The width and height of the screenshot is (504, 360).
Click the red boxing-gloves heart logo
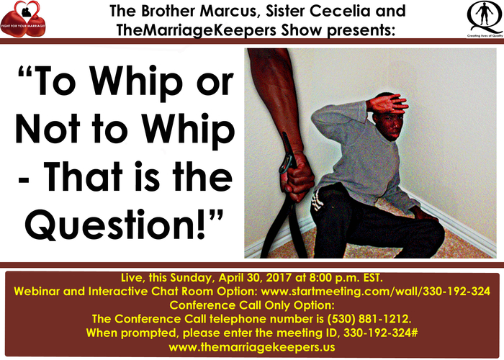point(23,19)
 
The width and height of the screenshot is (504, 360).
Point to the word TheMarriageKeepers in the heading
point(196,30)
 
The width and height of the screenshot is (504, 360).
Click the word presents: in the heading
point(361,30)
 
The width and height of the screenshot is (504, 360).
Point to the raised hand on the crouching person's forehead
point(388,104)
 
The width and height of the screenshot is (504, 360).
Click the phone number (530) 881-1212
point(369,319)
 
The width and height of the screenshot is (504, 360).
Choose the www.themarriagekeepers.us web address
point(252,347)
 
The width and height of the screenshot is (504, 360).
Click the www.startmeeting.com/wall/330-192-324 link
point(375,291)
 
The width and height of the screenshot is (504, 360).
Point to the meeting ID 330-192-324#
point(381,333)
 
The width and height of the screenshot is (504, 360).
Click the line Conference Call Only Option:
point(252,305)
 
